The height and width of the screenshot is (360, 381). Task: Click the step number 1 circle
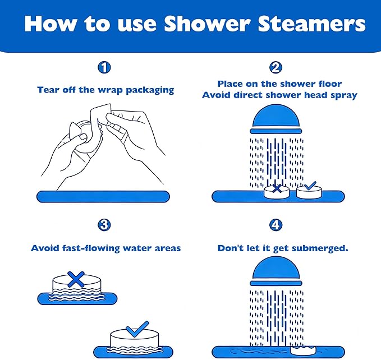[104, 68]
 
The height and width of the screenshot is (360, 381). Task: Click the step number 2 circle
[276, 68]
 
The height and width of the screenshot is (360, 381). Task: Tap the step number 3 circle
[104, 225]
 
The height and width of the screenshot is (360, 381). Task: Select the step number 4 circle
[276, 225]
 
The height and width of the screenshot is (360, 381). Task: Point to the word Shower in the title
[195, 24]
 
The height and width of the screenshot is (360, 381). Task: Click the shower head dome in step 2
[276, 117]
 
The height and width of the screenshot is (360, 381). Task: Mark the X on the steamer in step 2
[276, 188]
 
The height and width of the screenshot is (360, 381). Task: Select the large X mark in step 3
[76, 278]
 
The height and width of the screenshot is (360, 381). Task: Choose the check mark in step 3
[136, 328]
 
